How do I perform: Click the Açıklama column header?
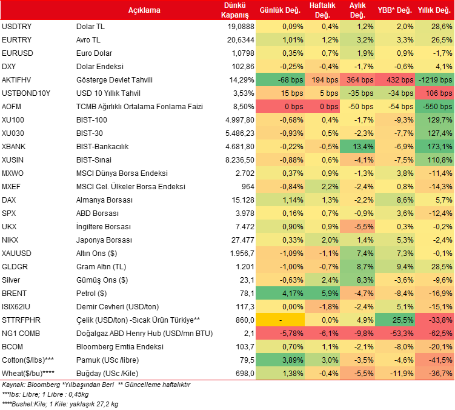point(144,10)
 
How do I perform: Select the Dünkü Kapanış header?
point(236,10)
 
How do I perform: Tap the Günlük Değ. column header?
point(279,10)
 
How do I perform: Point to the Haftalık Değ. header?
point(323,10)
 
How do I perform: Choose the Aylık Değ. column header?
point(357,10)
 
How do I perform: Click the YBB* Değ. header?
point(394,10)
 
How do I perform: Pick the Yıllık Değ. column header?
point(434,10)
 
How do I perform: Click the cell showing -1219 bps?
point(435,79)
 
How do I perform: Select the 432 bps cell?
point(395,79)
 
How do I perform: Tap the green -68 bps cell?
point(279,79)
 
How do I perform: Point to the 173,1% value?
point(435,146)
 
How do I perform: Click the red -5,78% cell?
point(279,333)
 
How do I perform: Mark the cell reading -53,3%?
point(395,333)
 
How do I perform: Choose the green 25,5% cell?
point(395,320)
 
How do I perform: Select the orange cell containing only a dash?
point(279,320)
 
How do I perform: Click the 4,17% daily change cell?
point(279,293)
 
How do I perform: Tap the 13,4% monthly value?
point(358,146)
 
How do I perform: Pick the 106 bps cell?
point(435,93)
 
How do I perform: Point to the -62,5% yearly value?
point(435,333)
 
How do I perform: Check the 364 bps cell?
point(358,79)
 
